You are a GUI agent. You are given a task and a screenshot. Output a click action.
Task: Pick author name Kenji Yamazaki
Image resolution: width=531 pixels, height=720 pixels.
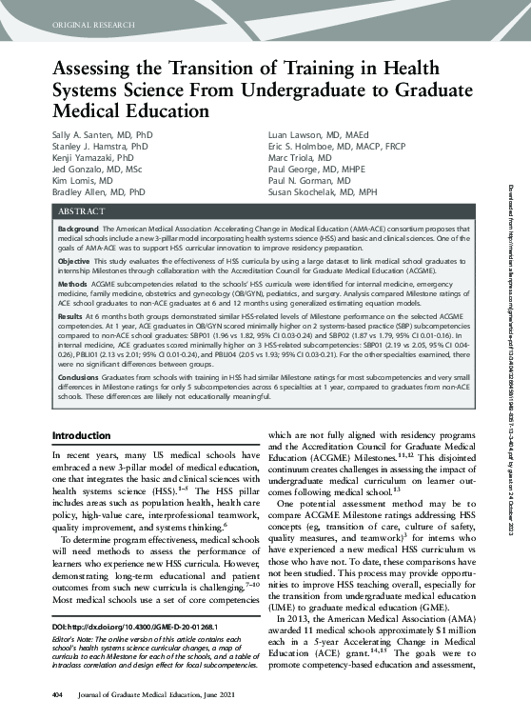80,159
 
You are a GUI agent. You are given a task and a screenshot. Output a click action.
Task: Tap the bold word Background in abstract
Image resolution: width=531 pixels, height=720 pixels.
77,230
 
